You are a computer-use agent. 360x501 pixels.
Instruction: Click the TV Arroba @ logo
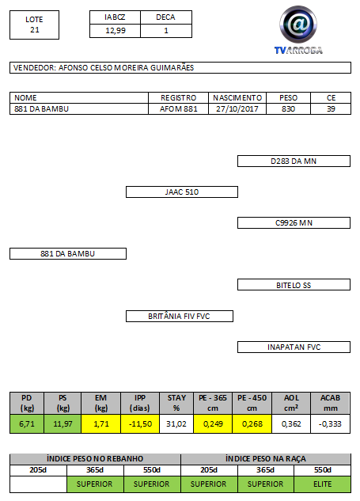coord(298,29)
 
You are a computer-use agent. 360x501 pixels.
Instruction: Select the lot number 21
coord(35,30)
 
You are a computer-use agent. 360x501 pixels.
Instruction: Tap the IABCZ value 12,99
coord(116,31)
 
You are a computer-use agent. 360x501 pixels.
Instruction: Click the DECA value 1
coord(166,31)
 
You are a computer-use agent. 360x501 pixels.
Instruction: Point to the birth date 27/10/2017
coord(237,109)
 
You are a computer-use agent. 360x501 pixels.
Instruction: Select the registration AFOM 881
coord(179,109)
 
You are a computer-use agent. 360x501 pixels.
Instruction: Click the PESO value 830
coord(288,109)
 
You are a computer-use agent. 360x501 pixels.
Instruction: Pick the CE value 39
coord(331,109)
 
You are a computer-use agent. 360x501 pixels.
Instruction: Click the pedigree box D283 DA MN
coord(294,161)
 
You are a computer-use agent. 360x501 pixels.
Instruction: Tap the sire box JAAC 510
coord(182,192)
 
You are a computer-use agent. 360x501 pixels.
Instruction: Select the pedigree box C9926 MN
coord(294,222)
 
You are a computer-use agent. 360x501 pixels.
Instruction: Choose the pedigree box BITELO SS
coord(294,285)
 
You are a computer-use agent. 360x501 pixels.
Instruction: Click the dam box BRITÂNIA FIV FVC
coord(179,316)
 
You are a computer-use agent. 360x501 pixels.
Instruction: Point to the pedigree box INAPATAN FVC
coord(294,347)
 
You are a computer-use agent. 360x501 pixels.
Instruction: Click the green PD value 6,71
coord(27,424)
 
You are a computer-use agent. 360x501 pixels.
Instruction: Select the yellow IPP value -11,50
coord(140,424)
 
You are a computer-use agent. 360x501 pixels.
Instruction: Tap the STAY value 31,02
coord(176,424)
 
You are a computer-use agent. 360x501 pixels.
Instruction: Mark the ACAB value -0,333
coord(330,424)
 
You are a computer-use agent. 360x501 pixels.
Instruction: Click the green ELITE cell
coord(322,484)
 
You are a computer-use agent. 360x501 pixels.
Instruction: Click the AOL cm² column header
coord(291,403)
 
